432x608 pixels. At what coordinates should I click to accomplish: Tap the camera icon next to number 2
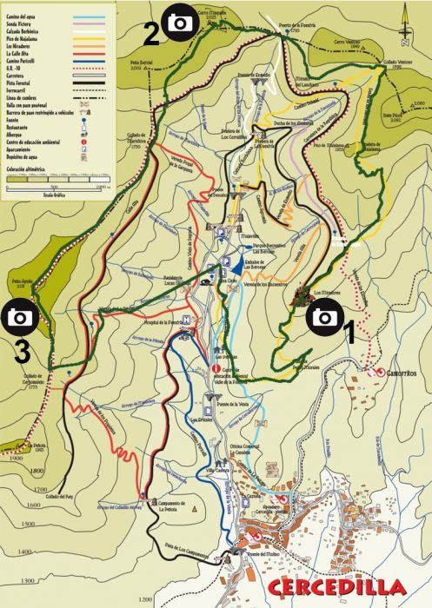coord(180,23)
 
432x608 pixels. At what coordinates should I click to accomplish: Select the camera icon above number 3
coord(19,318)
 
